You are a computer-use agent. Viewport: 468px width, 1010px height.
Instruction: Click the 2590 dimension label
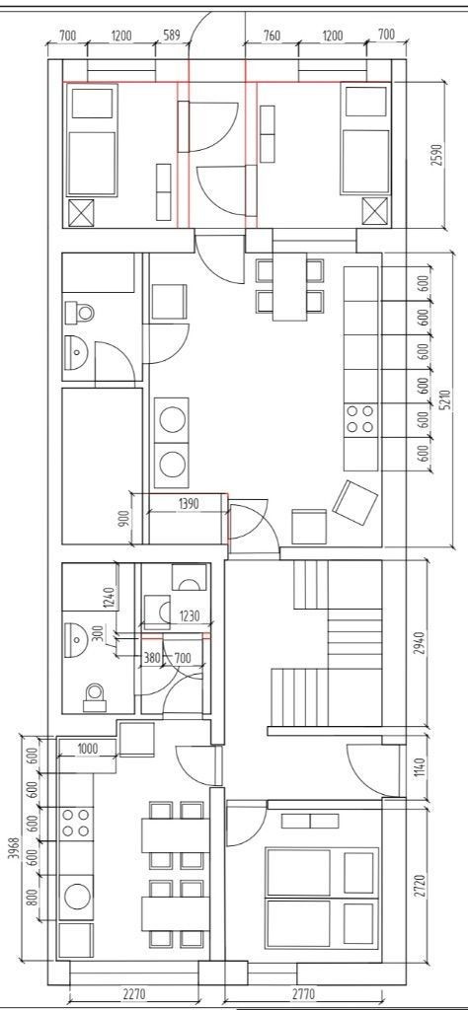point(437,155)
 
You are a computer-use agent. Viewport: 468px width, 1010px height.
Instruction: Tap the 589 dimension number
point(172,36)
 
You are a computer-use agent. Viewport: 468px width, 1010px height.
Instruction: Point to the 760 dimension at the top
point(273,36)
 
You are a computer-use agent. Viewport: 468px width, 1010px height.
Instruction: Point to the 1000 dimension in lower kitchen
point(88,748)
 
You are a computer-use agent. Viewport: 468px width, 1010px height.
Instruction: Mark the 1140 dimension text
point(420,767)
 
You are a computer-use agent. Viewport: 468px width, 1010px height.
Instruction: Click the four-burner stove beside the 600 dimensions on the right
point(360,418)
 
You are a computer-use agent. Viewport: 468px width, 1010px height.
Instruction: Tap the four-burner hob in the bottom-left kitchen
point(75,824)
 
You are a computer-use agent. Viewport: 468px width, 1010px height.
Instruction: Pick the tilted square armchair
point(354,502)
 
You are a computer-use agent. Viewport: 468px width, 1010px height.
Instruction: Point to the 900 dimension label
point(126,517)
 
